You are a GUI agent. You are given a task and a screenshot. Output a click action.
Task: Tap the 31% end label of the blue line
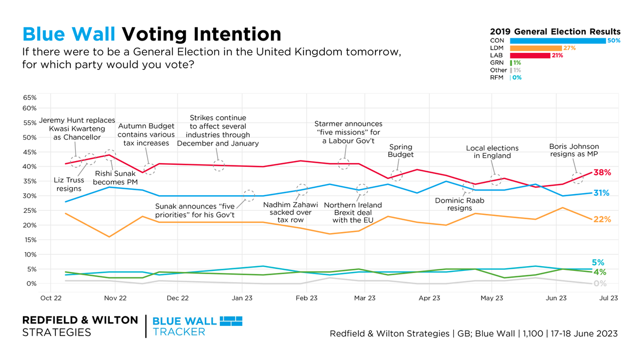(x=602, y=193)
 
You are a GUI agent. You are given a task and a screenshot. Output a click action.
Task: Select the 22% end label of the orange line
(x=602, y=220)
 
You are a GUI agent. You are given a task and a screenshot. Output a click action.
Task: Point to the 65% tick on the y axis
(x=29, y=98)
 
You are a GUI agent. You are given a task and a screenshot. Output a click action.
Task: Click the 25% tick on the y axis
(x=29, y=211)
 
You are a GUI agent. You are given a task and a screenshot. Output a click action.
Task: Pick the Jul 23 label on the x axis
(x=607, y=298)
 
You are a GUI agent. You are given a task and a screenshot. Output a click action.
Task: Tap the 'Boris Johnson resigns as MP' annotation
(x=574, y=150)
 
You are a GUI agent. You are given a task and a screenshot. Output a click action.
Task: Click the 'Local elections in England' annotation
(x=492, y=152)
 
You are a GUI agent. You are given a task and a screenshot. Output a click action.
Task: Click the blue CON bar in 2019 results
(x=557, y=41)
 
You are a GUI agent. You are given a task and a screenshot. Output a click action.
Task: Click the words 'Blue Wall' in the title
(x=69, y=34)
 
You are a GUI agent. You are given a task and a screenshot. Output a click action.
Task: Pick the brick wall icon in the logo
(x=231, y=321)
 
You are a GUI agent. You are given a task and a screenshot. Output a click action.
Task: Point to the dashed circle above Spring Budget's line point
(x=396, y=175)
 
